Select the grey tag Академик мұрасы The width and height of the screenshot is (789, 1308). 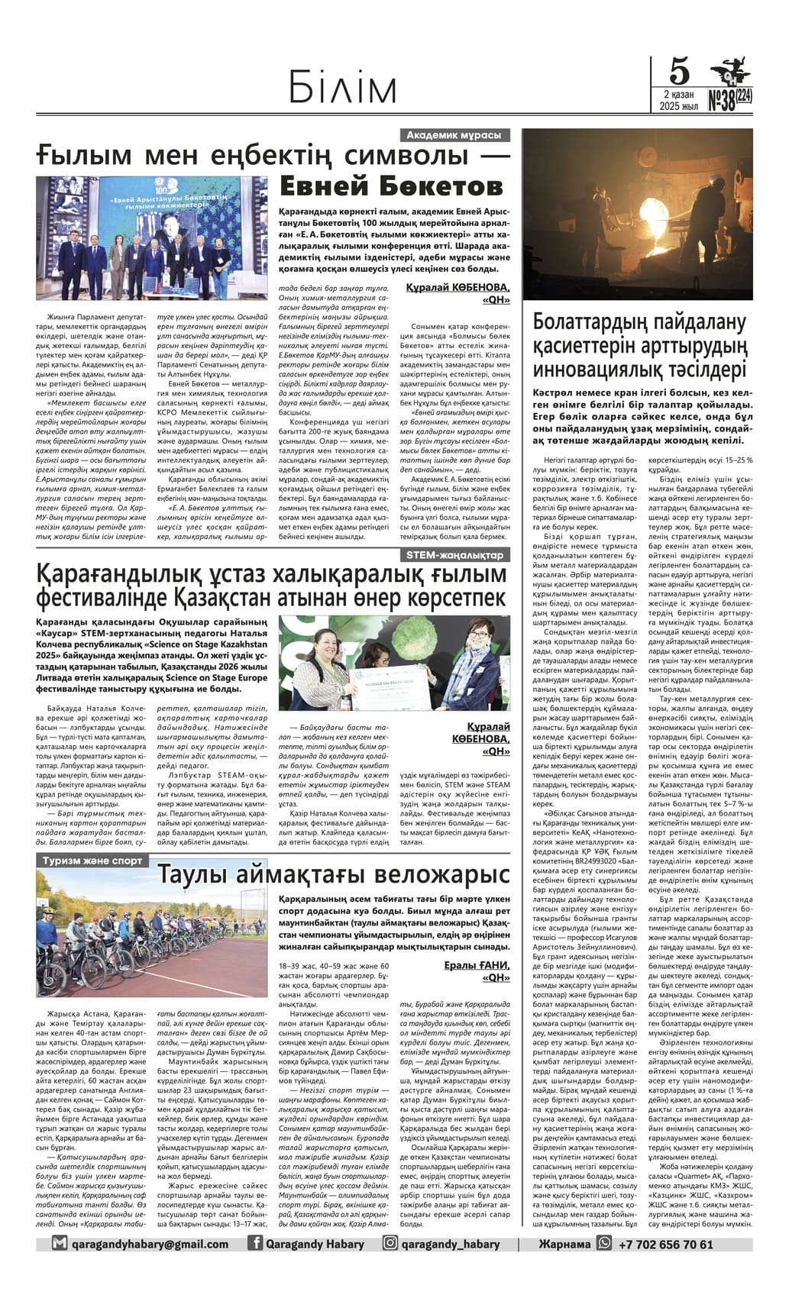(454, 135)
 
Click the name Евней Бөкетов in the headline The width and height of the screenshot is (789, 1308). (391, 185)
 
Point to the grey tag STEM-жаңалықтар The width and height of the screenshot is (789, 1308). (456, 555)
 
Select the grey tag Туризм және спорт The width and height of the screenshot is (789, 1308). (92, 861)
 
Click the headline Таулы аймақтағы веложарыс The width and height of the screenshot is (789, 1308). (333, 873)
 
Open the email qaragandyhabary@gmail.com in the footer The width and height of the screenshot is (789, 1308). (150, 1244)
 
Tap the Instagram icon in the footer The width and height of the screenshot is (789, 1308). (390, 1244)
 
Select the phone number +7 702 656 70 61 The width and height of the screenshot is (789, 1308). (665, 1244)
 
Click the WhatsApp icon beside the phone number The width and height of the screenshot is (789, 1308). (605, 1244)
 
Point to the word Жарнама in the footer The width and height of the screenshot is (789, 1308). (564, 1244)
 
